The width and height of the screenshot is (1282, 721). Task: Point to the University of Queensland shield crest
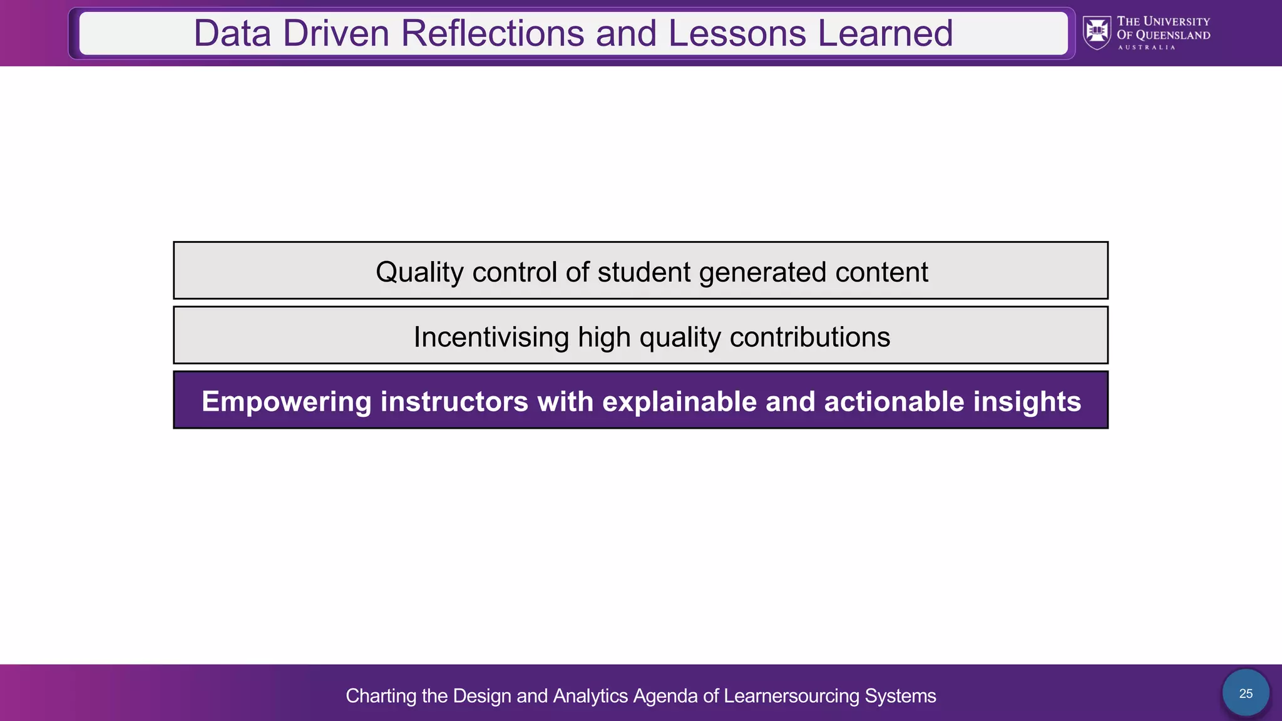[1097, 33]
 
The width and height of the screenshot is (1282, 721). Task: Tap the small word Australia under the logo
[1146, 48]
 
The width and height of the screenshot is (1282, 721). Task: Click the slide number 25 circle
[1246, 693]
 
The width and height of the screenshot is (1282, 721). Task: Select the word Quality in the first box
[419, 272]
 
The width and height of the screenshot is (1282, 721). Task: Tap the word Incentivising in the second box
[491, 337]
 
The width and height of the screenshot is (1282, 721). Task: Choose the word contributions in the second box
[809, 337]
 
